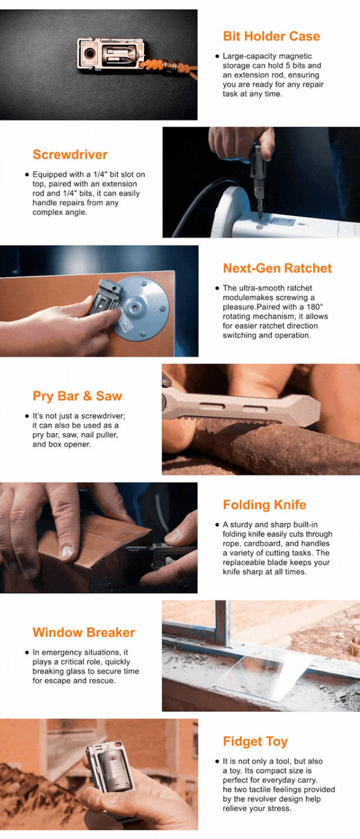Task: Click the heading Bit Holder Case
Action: click(271, 37)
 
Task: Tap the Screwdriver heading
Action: click(70, 155)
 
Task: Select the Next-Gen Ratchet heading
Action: click(277, 268)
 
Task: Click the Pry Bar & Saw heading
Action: click(77, 396)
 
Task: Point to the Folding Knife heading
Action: click(264, 505)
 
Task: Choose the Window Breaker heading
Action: click(84, 632)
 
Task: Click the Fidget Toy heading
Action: click(255, 742)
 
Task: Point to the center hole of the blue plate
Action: click(135, 307)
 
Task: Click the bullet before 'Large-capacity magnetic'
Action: click(217, 56)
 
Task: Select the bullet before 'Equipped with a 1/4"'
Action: click(27, 174)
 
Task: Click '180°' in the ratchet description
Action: click(315, 307)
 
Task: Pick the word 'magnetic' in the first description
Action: click(297, 56)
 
